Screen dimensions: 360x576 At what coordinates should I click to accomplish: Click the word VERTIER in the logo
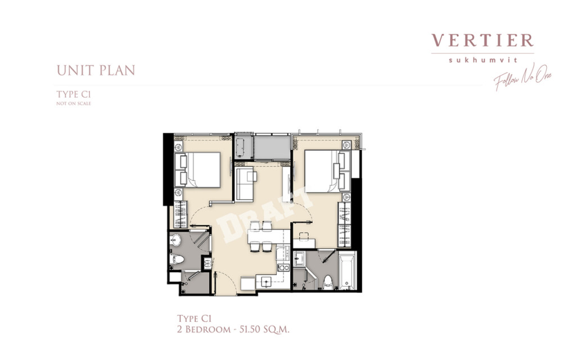point(483,40)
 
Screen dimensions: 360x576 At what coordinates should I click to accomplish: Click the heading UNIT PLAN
point(96,71)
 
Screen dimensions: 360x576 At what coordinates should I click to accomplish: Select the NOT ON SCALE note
point(73,103)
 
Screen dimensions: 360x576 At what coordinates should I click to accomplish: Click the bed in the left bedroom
point(202,169)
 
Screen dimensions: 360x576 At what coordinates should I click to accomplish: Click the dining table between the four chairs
point(260,236)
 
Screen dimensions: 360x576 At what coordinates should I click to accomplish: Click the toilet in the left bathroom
point(178,259)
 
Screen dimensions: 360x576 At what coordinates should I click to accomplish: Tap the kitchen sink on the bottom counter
point(264,281)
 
